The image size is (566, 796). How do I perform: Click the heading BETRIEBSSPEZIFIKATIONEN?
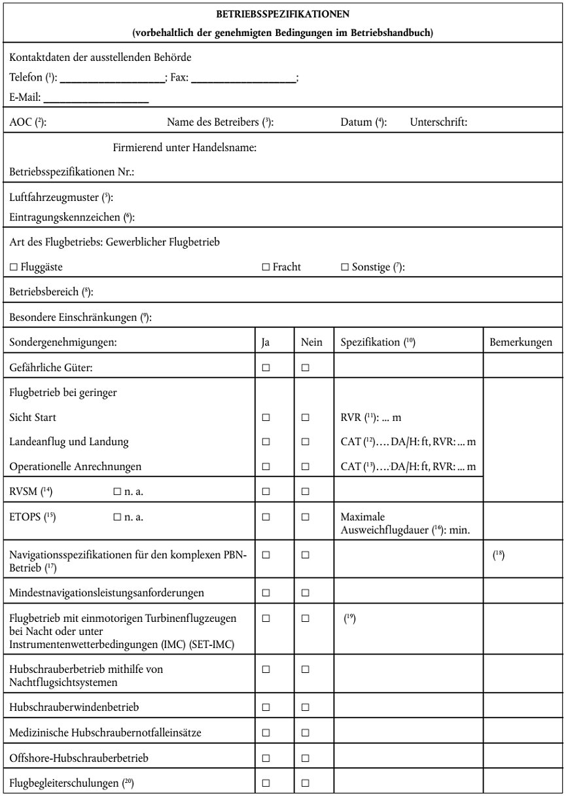coord(283,13)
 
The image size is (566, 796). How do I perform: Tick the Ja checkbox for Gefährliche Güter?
coord(266,368)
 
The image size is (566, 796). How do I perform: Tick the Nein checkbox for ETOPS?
coord(306,516)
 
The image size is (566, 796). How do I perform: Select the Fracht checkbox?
coord(266,267)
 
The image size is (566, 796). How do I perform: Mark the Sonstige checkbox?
coord(345,267)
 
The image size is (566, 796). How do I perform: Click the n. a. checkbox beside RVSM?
coord(117,490)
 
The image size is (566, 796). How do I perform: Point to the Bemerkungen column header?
coord(521,342)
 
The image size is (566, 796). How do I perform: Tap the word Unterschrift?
coord(438,122)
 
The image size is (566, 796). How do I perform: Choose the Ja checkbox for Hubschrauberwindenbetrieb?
coord(266,708)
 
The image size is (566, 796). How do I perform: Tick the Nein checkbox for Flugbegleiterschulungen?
coord(306,783)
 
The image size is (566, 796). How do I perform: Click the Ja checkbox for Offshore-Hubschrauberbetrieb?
coord(266,758)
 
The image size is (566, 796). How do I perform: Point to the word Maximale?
coord(359,516)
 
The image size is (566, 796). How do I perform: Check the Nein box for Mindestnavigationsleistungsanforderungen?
coord(306,593)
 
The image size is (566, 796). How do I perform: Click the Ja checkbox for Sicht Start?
coord(266,417)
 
